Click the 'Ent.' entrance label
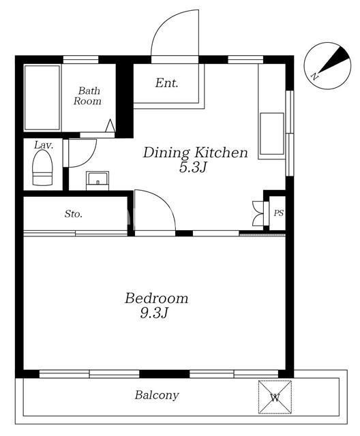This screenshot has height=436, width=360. [x=166, y=83]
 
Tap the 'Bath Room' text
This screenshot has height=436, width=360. [x=87, y=95]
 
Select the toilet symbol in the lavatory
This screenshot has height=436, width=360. [x=42, y=168]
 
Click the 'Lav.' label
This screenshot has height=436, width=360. [x=44, y=145]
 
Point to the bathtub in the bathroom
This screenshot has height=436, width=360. [x=42, y=97]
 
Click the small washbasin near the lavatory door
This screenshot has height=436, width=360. [x=97, y=181]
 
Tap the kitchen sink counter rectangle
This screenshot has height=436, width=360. [x=272, y=134]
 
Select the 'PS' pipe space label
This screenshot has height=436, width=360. [x=279, y=213]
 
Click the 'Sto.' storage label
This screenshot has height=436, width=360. [x=74, y=213]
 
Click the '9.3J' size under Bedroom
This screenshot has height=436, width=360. [x=154, y=313]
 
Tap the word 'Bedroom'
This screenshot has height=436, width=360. [x=156, y=298]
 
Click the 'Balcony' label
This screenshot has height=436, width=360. [x=157, y=395]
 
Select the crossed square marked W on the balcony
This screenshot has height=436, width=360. [x=275, y=397]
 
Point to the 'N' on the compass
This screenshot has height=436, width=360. [x=314, y=76]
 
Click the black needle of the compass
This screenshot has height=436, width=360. [x=334, y=60]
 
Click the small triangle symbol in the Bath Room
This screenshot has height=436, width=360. [x=110, y=125]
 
